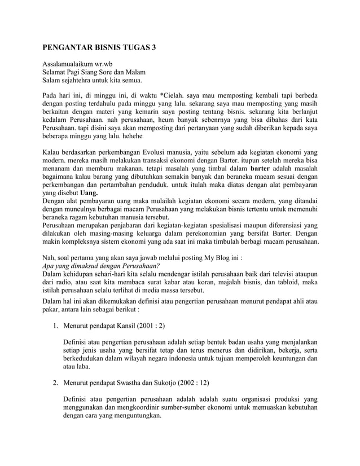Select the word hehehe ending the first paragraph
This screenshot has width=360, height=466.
point(130,136)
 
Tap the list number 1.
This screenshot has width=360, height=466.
point(55,326)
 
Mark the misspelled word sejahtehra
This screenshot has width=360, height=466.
point(80,81)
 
